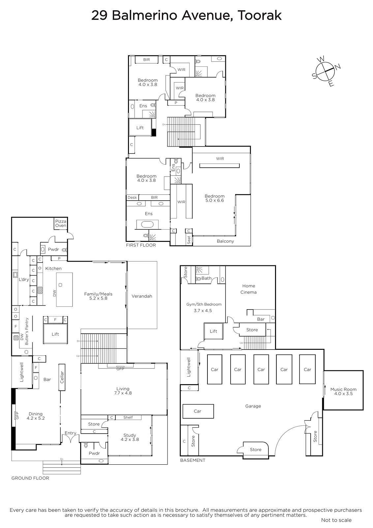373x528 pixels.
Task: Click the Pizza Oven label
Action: coord(61,223)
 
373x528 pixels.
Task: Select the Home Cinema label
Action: coord(249,289)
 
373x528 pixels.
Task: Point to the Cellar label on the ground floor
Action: coord(62,377)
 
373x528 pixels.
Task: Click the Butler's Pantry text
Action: coord(27,331)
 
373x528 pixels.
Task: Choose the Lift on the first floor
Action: coord(140,127)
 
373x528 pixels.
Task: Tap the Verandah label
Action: coord(142,296)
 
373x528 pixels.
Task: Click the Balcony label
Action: coord(225,241)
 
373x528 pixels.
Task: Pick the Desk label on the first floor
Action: coord(132,198)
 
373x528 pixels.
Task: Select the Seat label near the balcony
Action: coord(189,240)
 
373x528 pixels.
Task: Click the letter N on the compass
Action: coord(338,67)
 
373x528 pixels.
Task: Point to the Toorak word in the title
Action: coord(260,16)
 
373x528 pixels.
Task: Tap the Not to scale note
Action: coord(336,520)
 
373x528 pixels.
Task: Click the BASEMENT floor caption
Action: coord(193,460)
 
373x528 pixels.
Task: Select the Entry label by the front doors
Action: coord(71,433)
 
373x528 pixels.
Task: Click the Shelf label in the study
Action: coord(128,417)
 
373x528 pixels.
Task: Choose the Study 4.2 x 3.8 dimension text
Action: coord(130,437)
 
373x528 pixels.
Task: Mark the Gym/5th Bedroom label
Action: coord(204,304)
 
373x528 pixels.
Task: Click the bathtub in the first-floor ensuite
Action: coord(147,224)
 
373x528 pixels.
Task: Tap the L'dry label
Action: coord(24,279)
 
